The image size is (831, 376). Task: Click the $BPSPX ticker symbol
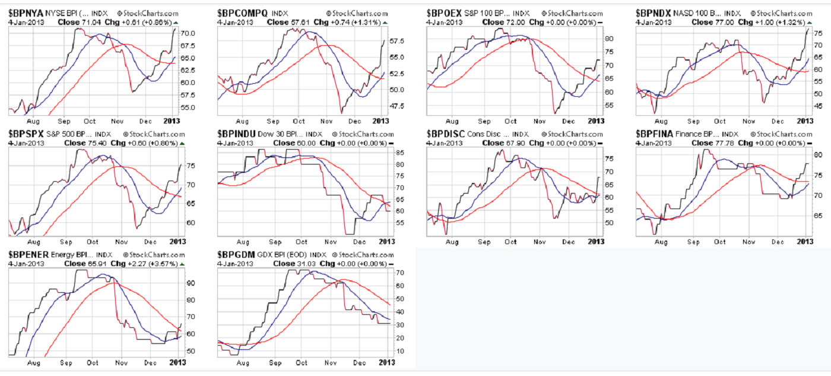point(25,134)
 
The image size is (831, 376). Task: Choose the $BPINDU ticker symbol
point(237,134)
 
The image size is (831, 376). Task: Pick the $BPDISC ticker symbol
point(446,134)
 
